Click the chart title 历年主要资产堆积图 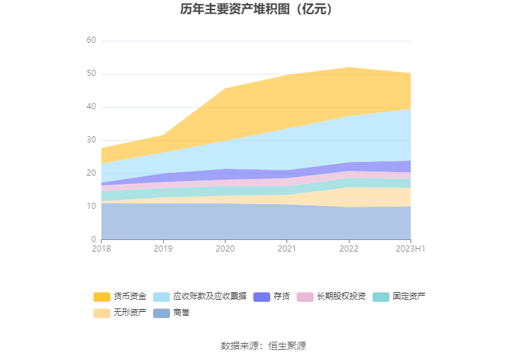coord(257,9)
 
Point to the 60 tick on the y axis coord(91,40)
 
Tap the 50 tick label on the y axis coord(91,73)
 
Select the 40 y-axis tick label coord(91,106)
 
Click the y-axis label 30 coord(91,140)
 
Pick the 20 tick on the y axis coord(91,173)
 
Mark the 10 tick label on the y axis coord(91,206)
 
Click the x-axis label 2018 coord(101,249)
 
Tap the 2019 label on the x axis coord(163,249)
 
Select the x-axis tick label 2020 coord(225,249)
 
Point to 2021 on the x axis coord(287,249)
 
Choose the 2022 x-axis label coord(348,249)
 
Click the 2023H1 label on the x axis coord(410,249)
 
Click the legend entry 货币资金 coord(121,296)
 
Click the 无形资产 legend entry coord(121,313)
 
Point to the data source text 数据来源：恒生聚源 coord(263,346)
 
